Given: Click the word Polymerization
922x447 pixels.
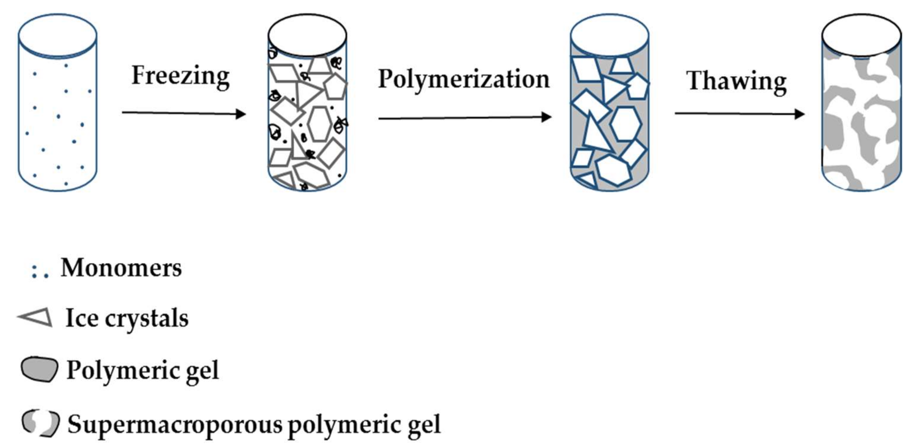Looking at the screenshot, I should [x=463, y=80].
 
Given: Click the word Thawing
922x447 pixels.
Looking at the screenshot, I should [x=736, y=82].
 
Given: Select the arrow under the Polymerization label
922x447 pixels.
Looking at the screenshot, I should [x=465, y=117].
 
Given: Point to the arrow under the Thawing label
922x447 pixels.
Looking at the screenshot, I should [x=739, y=114].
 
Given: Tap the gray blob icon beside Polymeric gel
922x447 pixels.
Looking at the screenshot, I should [x=39, y=369].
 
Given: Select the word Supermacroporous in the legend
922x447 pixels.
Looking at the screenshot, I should [x=175, y=425].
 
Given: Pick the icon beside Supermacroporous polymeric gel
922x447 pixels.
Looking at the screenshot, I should [x=40, y=423].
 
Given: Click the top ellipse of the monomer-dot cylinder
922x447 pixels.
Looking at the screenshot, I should [x=57, y=35].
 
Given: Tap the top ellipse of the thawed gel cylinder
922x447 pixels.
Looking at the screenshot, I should [x=861, y=35].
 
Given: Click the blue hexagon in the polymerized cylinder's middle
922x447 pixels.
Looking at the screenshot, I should [x=625, y=124].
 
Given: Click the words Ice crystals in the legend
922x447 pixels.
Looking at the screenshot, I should [x=127, y=318].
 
